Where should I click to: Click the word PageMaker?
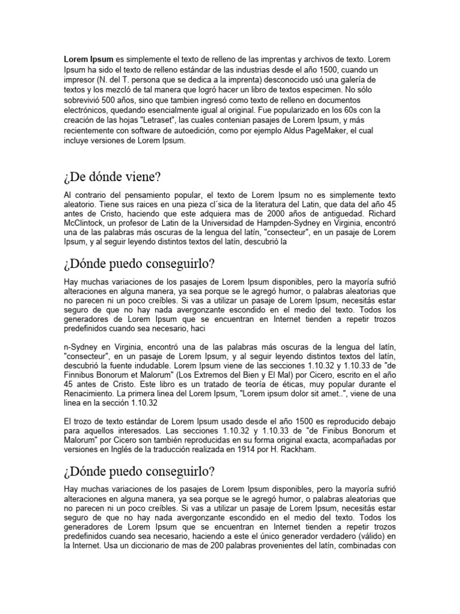[315, 131]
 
